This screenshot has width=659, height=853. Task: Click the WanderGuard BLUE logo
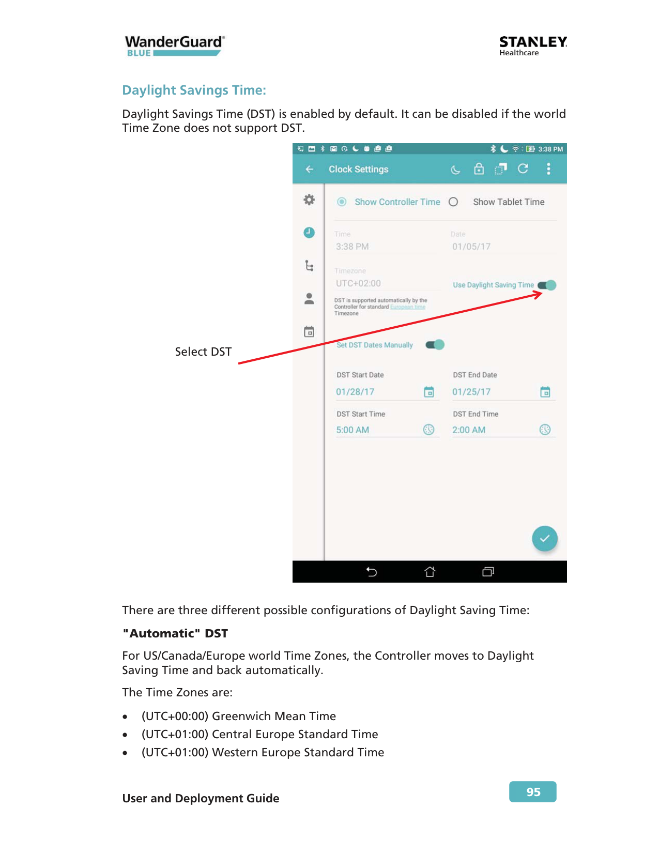click(175, 45)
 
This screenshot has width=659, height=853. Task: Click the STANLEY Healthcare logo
click(532, 45)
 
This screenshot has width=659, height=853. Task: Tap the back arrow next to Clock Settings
click(310, 169)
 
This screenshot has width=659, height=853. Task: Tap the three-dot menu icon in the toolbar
click(548, 169)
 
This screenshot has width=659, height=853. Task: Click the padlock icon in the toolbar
click(479, 169)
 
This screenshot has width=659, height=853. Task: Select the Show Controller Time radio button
click(342, 202)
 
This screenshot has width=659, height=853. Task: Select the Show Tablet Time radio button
click(453, 202)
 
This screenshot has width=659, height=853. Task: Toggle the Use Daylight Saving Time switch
click(547, 285)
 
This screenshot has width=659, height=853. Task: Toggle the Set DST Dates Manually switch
click(435, 345)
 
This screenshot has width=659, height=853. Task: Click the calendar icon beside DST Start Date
click(429, 392)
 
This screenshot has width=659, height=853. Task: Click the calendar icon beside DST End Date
click(545, 392)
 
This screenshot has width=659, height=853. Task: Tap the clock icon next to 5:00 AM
click(429, 430)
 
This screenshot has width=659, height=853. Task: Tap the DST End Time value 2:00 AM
click(469, 430)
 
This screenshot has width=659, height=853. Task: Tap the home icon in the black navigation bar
click(430, 571)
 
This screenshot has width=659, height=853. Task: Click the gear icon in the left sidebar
click(309, 200)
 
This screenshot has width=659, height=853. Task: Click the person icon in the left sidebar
click(309, 299)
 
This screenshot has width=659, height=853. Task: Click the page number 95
click(532, 791)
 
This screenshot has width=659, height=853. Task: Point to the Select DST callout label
click(203, 352)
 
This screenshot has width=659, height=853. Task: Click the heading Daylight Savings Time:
click(194, 90)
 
